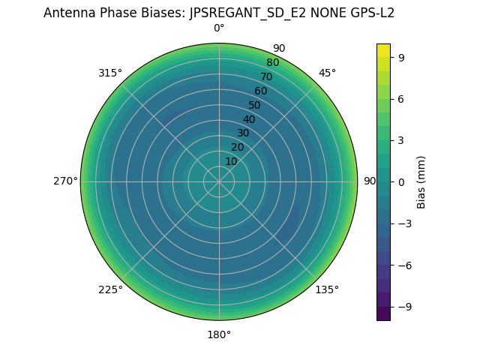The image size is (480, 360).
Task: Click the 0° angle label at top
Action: tap(219, 28)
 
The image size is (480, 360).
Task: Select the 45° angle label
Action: tap(327, 73)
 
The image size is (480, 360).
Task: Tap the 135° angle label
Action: tap(327, 289)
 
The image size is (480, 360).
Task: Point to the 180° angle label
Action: tap(219, 334)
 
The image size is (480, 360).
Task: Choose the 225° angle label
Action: tap(110, 289)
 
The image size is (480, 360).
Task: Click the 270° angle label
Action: tap(65, 181)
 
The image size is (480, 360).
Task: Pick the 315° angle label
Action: tap(110, 73)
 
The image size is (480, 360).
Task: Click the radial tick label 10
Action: tap(231, 161)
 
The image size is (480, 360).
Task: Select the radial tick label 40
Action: tap(249, 119)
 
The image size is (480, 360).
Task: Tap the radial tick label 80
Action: tap(272, 63)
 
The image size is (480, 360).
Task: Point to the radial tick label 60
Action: tap(260, 91)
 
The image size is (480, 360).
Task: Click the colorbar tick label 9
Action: tap(402, 57)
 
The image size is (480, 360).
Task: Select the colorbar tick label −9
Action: tap(405, 307)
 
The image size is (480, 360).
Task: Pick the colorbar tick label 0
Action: tap(402, 181)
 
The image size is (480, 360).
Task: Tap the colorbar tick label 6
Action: tap(402, 98)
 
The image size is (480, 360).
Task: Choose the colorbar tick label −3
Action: tap(405, 223)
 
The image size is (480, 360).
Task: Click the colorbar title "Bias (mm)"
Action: tap(421, 181)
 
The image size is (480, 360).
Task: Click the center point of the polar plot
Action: tap(219, 181)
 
